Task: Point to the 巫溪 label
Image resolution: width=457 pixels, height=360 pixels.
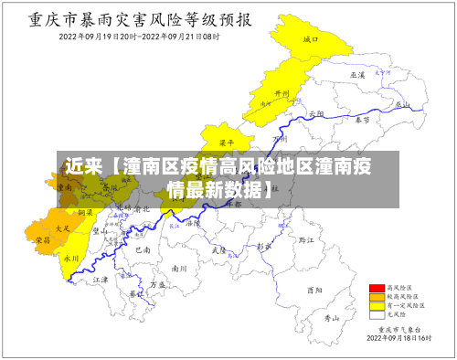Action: click(357, 74)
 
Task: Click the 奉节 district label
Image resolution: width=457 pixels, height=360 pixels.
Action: click(362, 119)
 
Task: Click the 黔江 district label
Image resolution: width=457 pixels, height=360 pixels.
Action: click(305, 238)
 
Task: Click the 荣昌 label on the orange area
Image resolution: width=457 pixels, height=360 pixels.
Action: click(43, 239)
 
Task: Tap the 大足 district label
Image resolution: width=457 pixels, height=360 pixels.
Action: click(62, 228)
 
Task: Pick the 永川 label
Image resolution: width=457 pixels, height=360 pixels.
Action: click(69, 259)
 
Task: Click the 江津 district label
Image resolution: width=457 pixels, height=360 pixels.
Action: click(101, 279)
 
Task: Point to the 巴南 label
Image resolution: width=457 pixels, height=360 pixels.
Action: click(143, 249)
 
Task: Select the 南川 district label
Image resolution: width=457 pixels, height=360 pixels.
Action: click(179, 269)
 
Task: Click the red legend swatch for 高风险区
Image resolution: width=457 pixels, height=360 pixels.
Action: click(375, 288)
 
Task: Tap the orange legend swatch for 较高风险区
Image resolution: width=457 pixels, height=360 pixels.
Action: click(375, 296)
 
